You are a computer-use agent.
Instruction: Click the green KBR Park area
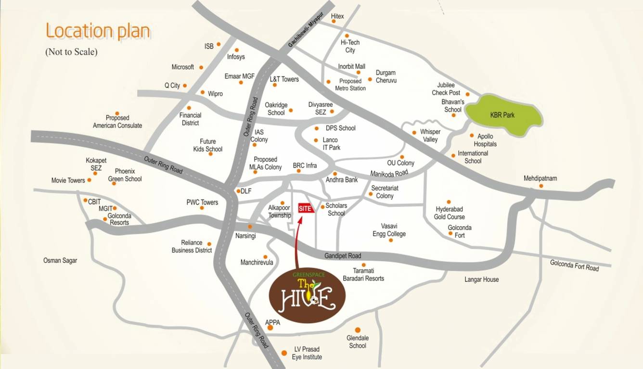click(x=503, y=116)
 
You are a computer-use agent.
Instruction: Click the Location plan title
click(x=98, y=31)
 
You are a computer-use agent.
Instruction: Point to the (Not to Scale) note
click(x=71, y=52)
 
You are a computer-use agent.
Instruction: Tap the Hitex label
click(x=338, y=16)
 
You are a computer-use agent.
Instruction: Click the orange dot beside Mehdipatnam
click(x=541, y=186)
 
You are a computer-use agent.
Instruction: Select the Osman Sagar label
click(x=60, y=260)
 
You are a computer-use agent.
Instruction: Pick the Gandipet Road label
click(x=343, y=255)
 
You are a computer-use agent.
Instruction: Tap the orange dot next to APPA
click(x=270, y=328)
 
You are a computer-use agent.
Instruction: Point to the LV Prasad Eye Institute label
click(x=307, y=353)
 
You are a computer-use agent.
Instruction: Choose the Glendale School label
click(x=358, y=342)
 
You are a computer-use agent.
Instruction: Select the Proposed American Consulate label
click(x=117, y=122)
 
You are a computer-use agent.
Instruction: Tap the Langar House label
click(x=481, y=280)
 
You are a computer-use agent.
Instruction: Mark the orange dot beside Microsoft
click(x=201, y=67)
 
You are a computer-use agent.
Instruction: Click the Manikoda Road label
click(x=389, y=173)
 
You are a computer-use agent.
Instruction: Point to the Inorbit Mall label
click(x=351, y=66)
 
